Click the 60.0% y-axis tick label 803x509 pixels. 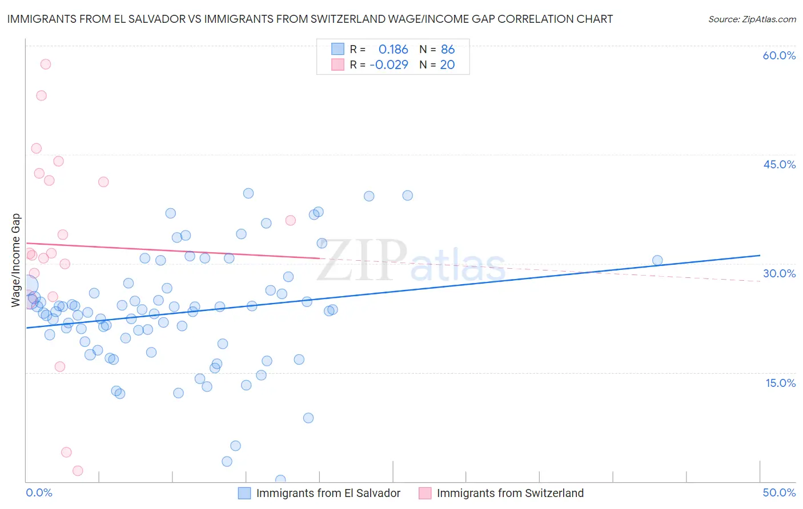point(779,55)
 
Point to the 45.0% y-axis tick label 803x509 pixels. point(779,164)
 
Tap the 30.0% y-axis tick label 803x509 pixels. point(779,273)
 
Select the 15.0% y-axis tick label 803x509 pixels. point(780,383)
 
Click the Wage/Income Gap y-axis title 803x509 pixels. point(16,260)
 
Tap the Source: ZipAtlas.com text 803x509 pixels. point(752,19)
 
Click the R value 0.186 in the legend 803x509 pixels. point(393,50)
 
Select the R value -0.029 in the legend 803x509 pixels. point(389,65)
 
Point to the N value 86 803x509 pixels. point(448,50)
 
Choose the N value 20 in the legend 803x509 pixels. point(447,65)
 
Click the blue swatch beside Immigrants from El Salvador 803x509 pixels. point(244,493)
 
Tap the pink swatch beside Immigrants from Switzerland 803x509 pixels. point(425,493)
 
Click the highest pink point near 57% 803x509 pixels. point(46,64)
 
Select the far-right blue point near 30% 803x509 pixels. point(657,260)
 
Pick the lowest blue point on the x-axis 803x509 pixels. point(280,480)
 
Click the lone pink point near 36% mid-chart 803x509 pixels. point(290,220)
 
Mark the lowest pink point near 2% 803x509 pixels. point(78,471)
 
